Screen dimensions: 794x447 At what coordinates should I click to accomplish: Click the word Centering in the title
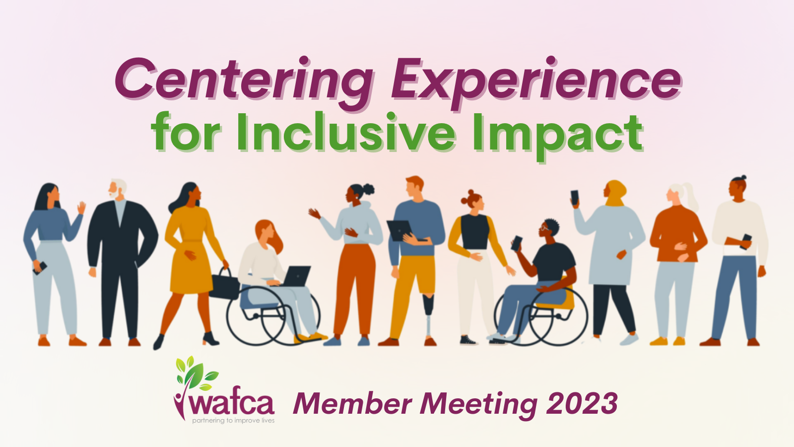pos(244,80)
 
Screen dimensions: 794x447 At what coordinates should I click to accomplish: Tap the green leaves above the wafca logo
pos(197,372)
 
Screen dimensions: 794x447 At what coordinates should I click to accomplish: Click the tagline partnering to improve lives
pos(233,421)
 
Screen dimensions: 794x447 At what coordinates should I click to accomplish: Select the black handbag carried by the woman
pos(224,285)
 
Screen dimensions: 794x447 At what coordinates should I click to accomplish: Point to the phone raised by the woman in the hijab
pos(575,198)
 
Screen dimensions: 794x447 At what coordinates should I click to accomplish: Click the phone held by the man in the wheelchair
pos(517,243)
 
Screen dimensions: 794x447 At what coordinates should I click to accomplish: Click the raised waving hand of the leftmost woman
pos(82,208)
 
